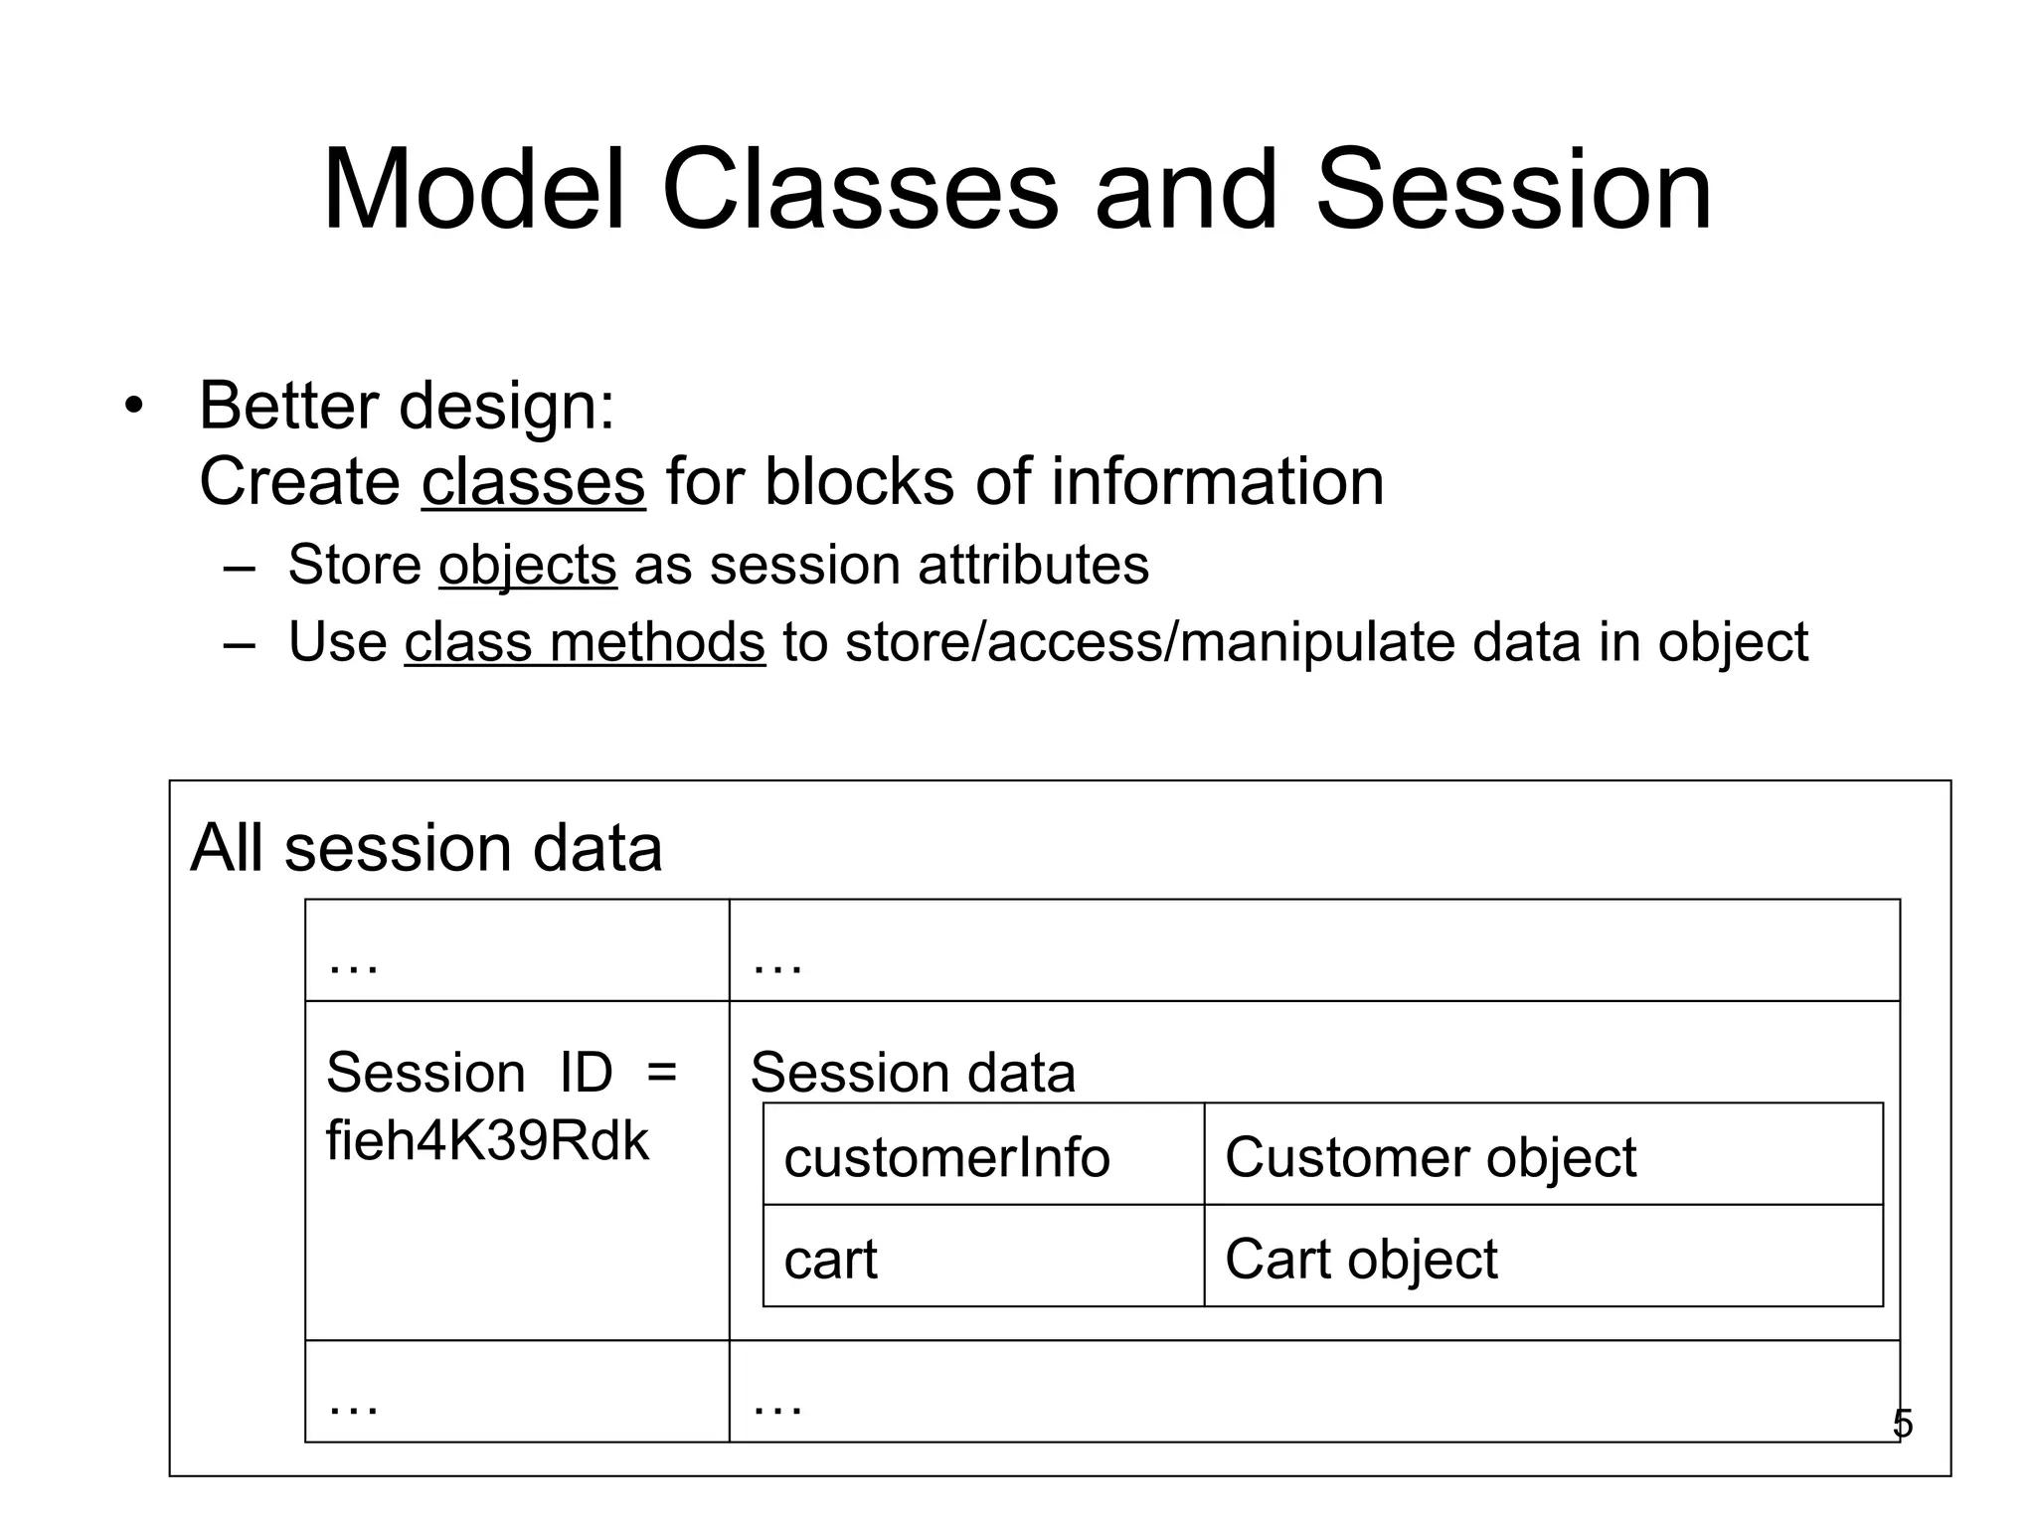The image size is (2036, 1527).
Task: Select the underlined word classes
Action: click(x=533, y=482)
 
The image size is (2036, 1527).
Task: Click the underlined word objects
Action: click(x=527, y=565)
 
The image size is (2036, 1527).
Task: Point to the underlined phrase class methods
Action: click(x=585, y=642)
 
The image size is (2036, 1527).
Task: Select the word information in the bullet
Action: click(x=1217, y=482)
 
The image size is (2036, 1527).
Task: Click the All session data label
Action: click(x=425, y=848)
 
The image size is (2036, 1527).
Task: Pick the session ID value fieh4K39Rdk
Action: click(x=487, y=1140)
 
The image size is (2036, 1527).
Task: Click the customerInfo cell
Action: click(x=946, y=1157)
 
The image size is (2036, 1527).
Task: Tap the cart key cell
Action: click(x=830, y=1260)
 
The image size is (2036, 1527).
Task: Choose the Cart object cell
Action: click(x=1360, y=1260)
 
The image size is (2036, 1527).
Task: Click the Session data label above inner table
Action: click(x=913, y=1073)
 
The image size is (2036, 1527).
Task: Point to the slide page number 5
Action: click(x=1902, y=1424)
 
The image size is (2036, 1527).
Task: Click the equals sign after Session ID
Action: click(x=661, y=1073)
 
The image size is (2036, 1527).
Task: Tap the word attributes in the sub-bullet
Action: click(x=1033, y=565)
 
